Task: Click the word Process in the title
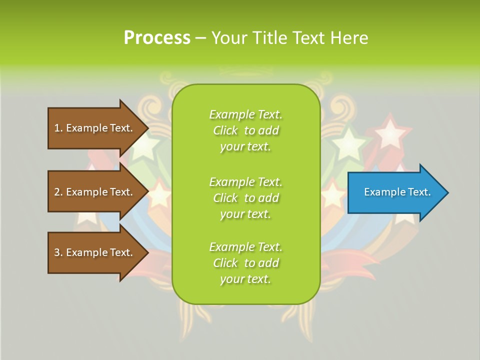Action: [x=157, y=38]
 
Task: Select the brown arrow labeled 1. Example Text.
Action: [x=95, y=128]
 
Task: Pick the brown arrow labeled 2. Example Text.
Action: [x=95, y=192]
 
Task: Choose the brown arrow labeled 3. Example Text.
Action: [x=95, y=252]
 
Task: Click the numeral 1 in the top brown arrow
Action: [x=57, y=128]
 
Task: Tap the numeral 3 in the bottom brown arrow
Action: [x=57, y=252]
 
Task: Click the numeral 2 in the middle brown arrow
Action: [x=57, y=192]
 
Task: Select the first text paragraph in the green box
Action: [x=245, y=130]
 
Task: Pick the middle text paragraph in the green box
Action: [x=245, y=198]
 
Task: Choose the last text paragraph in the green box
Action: [x=245, y=263]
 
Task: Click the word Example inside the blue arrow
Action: [x=380, y=192]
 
